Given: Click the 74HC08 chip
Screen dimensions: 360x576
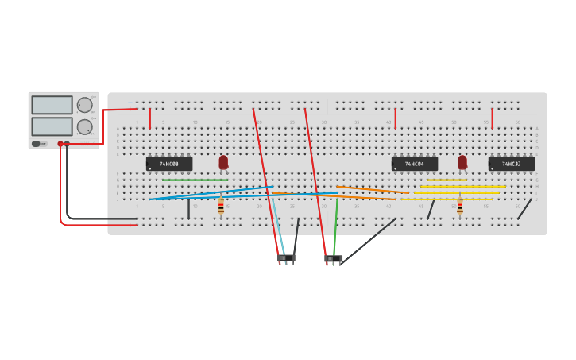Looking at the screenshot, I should (168, 164).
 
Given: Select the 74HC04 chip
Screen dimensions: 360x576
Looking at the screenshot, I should (414, 164).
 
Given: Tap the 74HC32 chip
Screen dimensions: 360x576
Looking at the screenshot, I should (511, 164).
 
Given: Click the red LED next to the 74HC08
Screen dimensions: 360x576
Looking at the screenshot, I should (223, 162).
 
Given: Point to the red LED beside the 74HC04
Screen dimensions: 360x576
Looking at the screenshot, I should (462, 162).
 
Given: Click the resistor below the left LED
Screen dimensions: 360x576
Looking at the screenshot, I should (221, 207).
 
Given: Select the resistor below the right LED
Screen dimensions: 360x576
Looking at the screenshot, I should (459, 207).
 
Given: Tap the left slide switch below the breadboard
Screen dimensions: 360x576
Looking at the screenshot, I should (286, 257).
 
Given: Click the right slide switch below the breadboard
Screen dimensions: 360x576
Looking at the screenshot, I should (334, 258).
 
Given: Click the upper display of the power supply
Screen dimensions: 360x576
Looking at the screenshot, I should (52, 105).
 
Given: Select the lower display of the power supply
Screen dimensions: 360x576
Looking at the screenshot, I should (52, 126).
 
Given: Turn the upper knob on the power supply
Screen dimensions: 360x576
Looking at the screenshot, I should (84, 105).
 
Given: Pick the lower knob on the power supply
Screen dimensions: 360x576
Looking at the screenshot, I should (84, 126).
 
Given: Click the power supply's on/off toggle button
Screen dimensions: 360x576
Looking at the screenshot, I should (36, 144).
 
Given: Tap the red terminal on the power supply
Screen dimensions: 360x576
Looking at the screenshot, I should (60, 144).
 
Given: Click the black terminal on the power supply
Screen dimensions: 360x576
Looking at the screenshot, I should (67, 144).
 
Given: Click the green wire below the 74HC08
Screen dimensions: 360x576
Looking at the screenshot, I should (195, 180).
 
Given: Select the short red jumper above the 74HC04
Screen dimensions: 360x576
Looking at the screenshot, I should (395, 118).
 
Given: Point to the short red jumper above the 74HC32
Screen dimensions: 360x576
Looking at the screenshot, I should (492, 118).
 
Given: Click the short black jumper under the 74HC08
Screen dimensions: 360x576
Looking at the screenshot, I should (188, 209).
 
